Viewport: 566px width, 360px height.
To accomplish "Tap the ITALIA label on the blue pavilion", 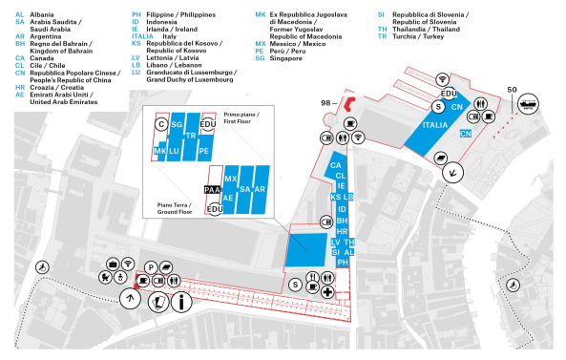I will (434, 126).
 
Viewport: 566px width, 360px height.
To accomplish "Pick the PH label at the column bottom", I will (343, 261).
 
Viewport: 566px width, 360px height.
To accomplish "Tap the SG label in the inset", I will (177, 125).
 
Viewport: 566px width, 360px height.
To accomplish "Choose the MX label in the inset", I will (230, 179).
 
